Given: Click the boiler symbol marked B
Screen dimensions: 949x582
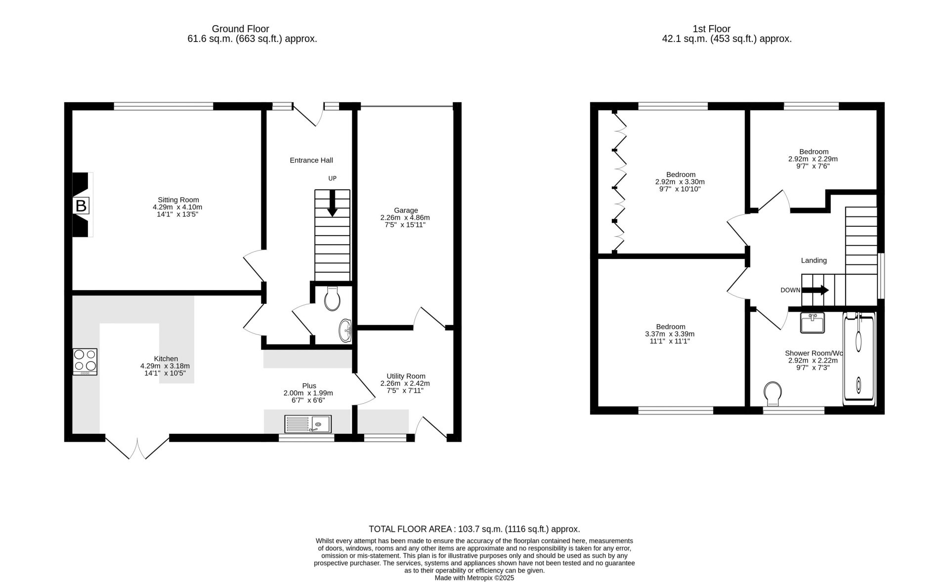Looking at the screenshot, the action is [81, 206].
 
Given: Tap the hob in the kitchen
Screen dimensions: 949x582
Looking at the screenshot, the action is [85, 362].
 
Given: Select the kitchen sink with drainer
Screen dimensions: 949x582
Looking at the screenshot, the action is [308, 424].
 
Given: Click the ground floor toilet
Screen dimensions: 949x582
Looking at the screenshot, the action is [332, 298].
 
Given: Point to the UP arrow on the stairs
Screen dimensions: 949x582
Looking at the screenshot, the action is [332, 203].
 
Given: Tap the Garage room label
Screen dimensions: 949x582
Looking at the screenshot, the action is [406, 210].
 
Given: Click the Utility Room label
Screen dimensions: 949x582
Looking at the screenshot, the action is [406, 376].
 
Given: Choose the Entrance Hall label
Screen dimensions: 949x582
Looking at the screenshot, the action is [311, 160].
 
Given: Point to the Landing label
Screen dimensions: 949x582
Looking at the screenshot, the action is [814, 260].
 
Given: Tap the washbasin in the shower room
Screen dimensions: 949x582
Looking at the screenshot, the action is [812, 323].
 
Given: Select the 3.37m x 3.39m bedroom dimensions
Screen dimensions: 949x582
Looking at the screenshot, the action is [670, 334].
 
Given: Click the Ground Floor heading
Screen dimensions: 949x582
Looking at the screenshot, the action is [240, 29].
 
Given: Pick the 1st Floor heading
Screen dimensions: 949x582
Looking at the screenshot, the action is [712, 29].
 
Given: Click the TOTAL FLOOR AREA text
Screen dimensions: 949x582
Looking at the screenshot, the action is [474, 529].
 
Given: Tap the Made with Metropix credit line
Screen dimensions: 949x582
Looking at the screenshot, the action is [474, 578].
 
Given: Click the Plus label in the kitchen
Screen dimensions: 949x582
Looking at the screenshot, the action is [309, 386].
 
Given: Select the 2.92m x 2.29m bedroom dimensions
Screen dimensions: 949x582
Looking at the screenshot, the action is [813, 159].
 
